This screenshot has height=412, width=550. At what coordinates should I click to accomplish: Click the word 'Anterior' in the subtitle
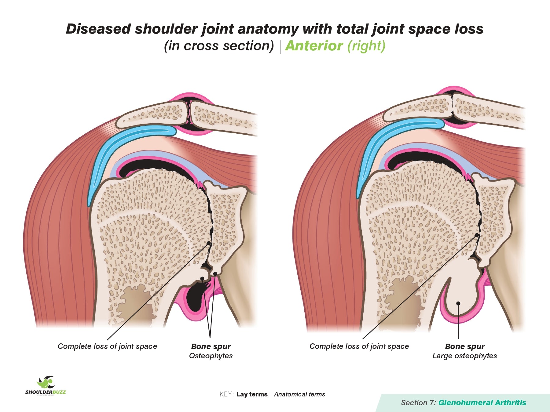pos(314,46)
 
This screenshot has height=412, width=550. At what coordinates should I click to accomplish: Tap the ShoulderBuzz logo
pos(46,385)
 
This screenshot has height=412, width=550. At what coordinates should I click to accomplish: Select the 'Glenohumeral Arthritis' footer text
pos(482,403)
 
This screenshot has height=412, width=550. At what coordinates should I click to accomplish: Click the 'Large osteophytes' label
pos(464,356)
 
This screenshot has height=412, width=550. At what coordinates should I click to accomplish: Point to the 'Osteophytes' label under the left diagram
pos(211,356)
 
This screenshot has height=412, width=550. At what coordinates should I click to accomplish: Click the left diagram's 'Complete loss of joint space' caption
pos(107,346)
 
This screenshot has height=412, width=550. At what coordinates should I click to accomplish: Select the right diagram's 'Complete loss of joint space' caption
pos(359,346)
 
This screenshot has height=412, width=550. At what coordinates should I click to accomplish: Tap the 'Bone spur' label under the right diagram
pos(465,347)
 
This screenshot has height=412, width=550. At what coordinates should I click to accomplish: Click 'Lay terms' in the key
pos(252,394)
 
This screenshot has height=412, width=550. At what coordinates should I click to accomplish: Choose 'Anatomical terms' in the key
pos(299,394)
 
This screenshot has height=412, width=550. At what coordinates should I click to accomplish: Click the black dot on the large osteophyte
pos(458,303)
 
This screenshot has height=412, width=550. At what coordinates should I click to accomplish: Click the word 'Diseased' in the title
pos(98,29)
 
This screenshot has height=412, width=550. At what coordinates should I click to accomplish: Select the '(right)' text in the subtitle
pos(366,46)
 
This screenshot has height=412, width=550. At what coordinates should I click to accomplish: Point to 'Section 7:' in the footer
pos(418,403)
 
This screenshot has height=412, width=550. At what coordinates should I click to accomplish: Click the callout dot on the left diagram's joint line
pos(209,243)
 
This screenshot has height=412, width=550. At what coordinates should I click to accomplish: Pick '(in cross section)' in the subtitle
pos(219,46)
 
